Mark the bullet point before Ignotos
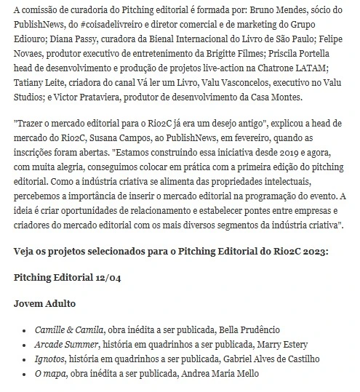click(25, 359)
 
